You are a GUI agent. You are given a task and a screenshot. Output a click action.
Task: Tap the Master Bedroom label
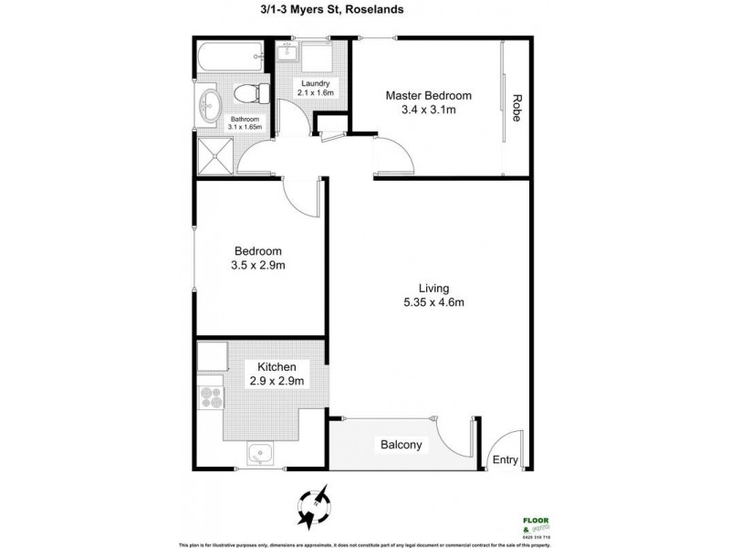click(x=428, y=95)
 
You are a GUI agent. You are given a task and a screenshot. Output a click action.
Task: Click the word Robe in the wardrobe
click(x=516, y=109)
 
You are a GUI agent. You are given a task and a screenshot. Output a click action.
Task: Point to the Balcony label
click(x=401, y=445)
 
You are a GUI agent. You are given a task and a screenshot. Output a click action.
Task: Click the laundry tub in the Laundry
click(x=319, y=61)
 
